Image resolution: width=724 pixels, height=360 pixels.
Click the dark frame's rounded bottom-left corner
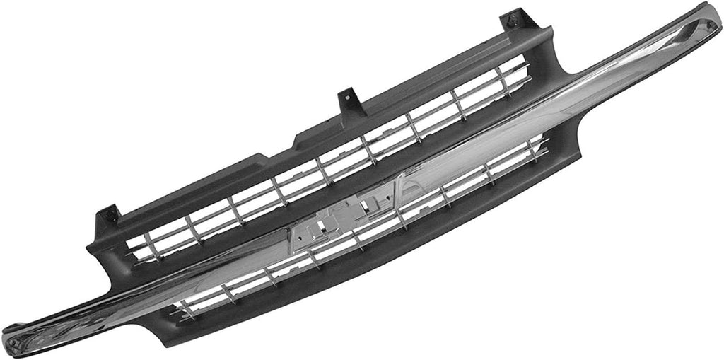click(145, 332)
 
